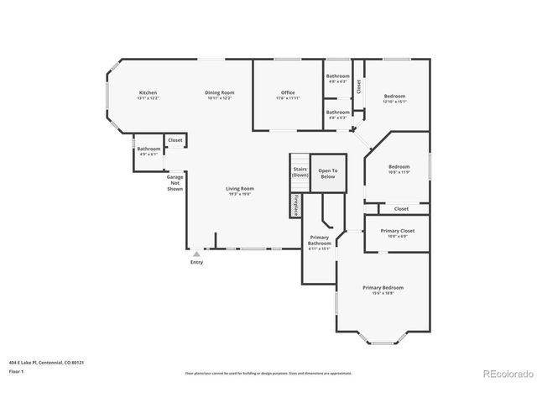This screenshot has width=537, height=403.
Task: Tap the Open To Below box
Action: [328, 174]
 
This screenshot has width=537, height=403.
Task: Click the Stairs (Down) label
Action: [300, 173]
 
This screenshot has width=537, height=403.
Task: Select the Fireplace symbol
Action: [296, 206]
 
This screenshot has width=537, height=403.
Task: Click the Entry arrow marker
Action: [196, 253]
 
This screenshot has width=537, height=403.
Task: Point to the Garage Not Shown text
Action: [175, 183]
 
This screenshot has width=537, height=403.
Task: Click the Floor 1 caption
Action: [16, 370]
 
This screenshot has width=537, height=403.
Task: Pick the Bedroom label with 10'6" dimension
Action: [399, 169]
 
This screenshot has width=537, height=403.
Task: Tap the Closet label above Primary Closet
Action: [401, 208]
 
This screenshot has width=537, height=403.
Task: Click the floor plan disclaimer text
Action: [268, 373]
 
